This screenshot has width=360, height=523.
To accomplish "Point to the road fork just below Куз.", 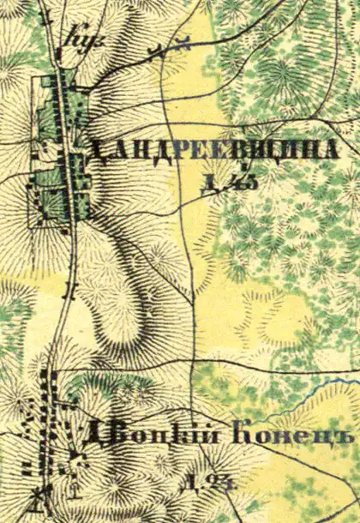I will pyautogui.click(x=60, y=64).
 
